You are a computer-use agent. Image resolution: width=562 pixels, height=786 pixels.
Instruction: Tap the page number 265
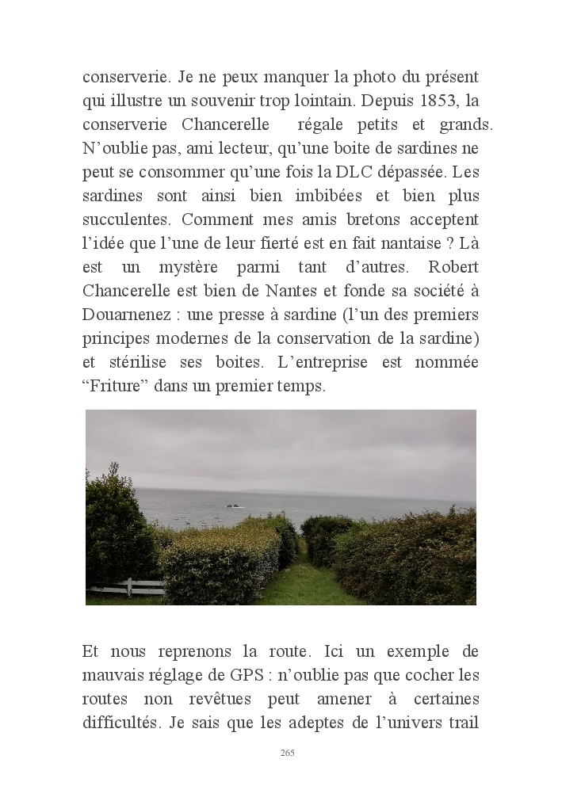(288, 752)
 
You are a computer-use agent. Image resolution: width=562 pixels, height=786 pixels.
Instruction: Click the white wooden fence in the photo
(125, 588)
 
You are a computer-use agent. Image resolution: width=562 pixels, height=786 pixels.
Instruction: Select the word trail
(463, 723)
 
